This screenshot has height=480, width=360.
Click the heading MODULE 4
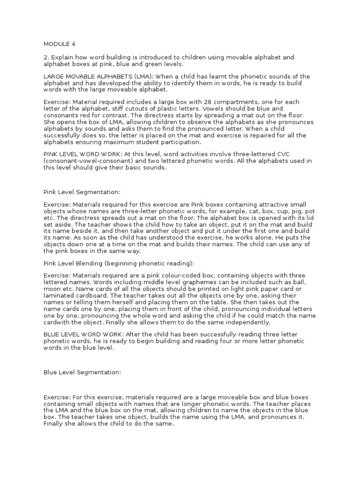(59, 45)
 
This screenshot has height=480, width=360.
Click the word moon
(52, 290)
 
